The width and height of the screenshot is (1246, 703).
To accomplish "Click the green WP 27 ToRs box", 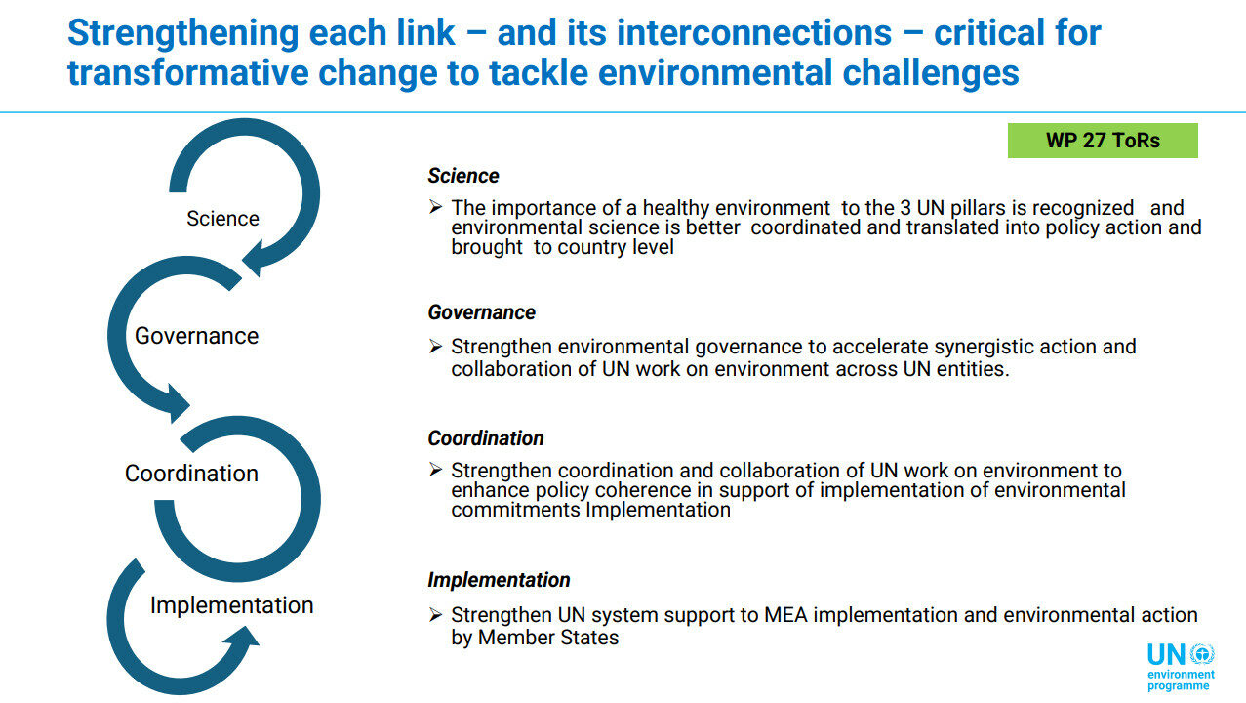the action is click(1103, 141).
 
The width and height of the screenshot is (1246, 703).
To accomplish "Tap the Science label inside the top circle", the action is click(222, 218).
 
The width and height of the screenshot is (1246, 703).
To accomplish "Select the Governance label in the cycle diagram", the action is click(196, 336).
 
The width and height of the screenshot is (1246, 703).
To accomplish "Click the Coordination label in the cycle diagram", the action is click(191, 474).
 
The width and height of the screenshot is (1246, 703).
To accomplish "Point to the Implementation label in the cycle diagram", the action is click(231, 605).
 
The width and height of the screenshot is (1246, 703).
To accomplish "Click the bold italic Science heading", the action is click(462, 176).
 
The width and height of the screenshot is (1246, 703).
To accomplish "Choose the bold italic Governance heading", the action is click(481, 312).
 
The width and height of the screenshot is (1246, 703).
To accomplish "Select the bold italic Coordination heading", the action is click(486, 438).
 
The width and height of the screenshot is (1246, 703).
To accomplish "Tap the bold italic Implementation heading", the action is click(499, 580).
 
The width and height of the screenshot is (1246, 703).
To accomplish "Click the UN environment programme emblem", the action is click(1181, 667).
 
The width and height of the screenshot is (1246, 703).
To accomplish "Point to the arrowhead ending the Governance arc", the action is click(178, 403).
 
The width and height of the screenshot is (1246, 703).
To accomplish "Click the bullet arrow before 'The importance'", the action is click(435, 207).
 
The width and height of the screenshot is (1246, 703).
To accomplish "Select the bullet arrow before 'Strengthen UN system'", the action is click(435, 614).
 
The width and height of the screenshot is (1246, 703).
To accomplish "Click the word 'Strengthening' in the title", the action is click(183, 33).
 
